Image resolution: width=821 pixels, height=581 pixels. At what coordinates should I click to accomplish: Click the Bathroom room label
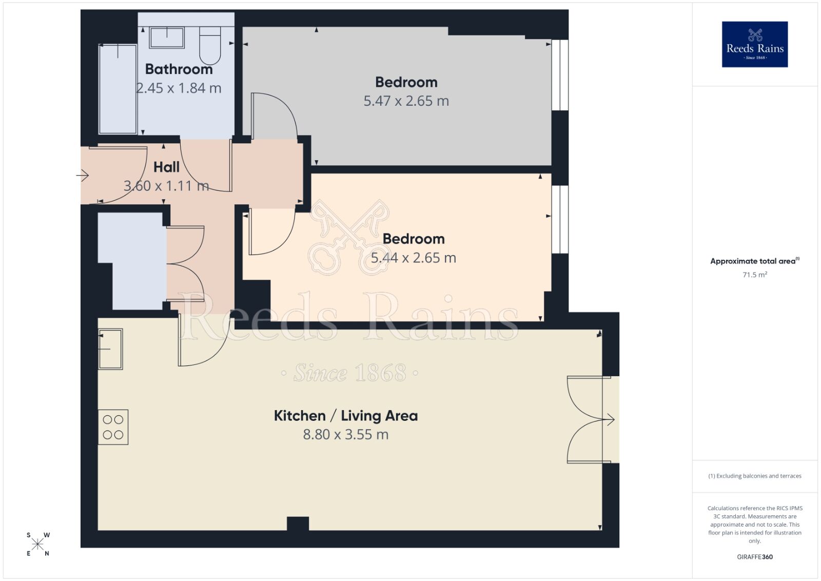coord(179,69)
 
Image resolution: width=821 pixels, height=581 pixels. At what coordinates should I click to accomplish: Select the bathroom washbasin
coord(167,38)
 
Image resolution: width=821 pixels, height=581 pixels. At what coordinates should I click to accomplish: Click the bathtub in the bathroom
coord(118,89)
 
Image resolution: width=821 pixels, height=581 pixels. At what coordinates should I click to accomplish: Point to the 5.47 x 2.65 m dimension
coord(406,101)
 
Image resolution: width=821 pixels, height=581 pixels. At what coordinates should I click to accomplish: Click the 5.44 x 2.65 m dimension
coord(413,258)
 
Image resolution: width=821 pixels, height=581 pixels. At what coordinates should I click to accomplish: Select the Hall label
coord(166,167)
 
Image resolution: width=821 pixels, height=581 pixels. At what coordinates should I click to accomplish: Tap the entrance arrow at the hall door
coord(83,176)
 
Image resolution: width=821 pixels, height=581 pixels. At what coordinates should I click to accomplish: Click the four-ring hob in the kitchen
coord(113,427)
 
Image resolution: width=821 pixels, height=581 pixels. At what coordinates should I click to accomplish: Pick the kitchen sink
coord(110,349)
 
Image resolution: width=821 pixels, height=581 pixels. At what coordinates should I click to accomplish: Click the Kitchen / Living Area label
coord(345,416)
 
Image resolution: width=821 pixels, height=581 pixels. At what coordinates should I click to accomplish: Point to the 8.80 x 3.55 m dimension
coord(345,435)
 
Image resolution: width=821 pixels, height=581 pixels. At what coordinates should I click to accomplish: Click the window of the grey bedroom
coord(560,75)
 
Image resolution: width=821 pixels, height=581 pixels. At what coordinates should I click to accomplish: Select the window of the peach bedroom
coord(560,219)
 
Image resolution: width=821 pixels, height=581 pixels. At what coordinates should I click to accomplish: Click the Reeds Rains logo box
coord(754,44)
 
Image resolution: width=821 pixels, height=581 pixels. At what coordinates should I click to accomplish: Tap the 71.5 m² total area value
coord(754,275)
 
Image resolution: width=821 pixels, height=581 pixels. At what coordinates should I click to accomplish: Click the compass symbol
coord(38,544)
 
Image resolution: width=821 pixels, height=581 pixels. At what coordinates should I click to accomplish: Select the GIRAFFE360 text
coord(754,557)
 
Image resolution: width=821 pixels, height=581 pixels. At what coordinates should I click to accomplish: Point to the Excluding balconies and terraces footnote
coord(754,476)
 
